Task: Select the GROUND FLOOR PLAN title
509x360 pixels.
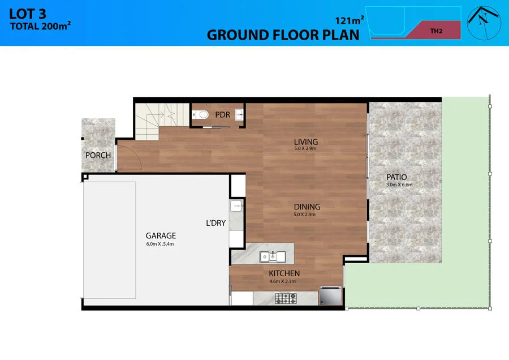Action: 283,35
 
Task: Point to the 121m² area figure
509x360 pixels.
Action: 350,21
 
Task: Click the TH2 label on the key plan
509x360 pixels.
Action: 435,31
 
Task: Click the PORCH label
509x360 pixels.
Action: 98,155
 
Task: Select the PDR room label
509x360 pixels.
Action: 222,114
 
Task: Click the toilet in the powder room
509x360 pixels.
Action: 202,115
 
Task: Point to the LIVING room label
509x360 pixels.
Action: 306,142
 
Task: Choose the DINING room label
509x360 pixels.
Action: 307,207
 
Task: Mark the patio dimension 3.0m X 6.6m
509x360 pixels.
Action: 400,185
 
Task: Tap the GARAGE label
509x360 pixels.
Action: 161,235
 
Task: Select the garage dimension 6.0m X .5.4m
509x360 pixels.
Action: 161,244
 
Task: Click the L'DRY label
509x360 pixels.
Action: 215,223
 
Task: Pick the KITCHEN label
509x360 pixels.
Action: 284,273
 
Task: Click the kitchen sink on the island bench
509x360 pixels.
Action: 273,257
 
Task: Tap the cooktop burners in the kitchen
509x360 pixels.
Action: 286,298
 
